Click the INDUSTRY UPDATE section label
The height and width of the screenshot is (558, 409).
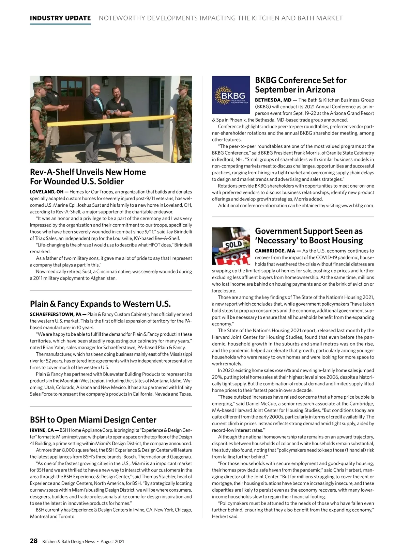60,18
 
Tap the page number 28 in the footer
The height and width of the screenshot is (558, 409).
33,541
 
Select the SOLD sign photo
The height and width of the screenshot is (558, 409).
231,246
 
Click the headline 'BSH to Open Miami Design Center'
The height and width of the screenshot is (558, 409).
93,419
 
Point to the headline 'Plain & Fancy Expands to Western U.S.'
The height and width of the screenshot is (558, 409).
100,304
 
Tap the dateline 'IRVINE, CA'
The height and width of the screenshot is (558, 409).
42,430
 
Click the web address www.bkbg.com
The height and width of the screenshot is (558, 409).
357,206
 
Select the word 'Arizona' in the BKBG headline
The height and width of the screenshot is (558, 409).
319,90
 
